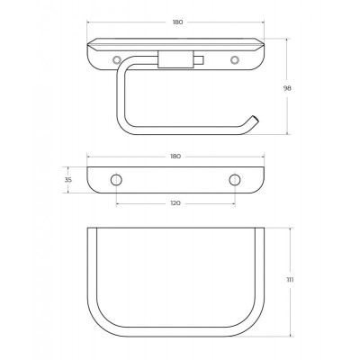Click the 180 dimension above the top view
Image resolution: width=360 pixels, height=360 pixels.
point(177,22)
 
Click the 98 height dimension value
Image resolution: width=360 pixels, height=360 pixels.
point(287,88)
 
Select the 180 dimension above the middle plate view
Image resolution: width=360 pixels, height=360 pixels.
point(175,157)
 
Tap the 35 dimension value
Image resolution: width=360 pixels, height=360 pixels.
point(68,180)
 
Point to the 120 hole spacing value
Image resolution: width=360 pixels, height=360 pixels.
point(175,203)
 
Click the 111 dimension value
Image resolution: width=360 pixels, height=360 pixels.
point(290,280)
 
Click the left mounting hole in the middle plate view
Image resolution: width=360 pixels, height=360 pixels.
point(116,180)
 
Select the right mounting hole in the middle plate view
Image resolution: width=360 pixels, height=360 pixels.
point(235,180)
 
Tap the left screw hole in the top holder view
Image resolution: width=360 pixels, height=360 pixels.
point(117,60)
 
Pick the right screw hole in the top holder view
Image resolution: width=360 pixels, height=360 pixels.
point(235,60)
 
